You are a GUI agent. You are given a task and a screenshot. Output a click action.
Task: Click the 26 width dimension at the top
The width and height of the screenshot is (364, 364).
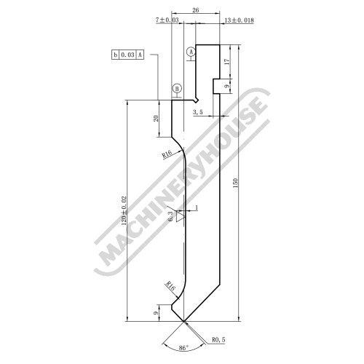(x=196, y=10)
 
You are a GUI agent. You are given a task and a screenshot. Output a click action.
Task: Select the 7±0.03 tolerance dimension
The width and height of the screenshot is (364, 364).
(x=167, y=20)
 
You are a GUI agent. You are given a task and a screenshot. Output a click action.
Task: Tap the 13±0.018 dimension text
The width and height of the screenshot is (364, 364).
(x=239, y=20)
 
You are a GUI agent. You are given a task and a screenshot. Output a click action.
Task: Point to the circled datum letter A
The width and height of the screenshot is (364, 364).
(x=191, y=52)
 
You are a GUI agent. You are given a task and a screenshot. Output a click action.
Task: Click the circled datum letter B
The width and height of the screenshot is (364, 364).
(x=177, y=89)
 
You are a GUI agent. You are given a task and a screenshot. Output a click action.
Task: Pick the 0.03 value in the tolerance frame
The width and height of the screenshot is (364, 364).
(x=127, y=55)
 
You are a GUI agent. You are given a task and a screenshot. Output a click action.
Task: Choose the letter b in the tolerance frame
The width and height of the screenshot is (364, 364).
(x=115, y=55)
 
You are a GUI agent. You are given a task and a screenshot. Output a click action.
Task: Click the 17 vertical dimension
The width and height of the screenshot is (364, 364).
(x=227, y=62)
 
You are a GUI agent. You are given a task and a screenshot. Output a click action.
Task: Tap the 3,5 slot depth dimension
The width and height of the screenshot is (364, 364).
(x=198, y=112)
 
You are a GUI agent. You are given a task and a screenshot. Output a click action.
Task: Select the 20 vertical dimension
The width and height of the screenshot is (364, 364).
(x=156, y=119)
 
